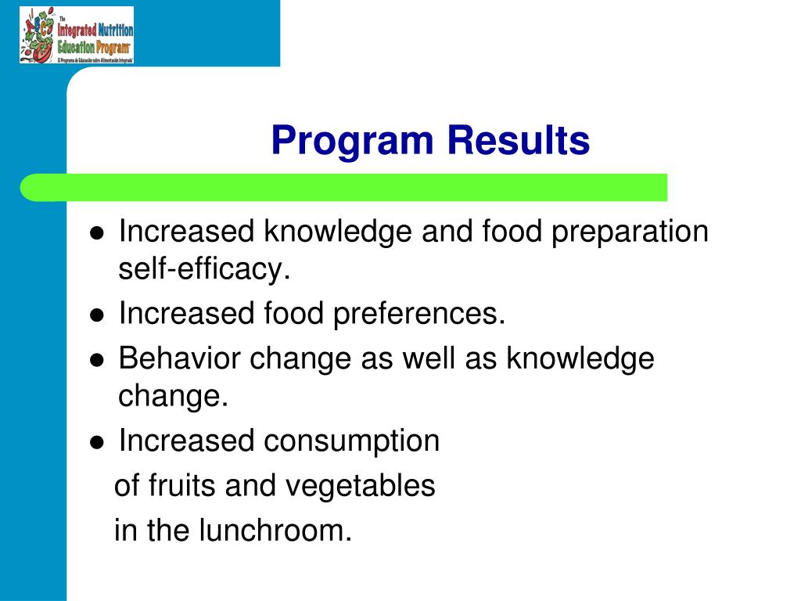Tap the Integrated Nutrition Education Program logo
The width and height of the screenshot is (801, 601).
click(x=77, y=34)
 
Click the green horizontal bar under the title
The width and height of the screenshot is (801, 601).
click(x=344, y=188)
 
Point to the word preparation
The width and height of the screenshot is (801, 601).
click(x=630, y=232)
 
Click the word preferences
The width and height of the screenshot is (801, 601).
click(x=420, y=314)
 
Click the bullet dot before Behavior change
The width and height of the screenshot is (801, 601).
click(x=97, y=360)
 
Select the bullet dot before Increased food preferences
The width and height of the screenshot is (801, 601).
click(x=97, y=315)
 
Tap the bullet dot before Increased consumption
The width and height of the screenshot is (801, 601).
click(x=97, y=442)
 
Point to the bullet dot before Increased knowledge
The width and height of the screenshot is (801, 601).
click(x=97, y=233)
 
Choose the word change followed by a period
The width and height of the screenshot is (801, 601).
click(x=173, y=397)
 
